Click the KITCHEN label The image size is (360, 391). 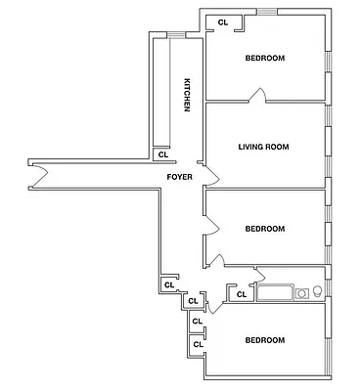click(185, 94)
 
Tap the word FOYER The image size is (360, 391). click(179, 177)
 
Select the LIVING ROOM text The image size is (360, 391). click(264, 147)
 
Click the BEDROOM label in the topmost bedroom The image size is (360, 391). click(264, 59)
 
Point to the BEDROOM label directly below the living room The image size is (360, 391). click(264, 229)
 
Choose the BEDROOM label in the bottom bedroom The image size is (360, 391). click(264, 340)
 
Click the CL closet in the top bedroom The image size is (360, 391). click(223, 22)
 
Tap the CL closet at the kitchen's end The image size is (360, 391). click(162, 153)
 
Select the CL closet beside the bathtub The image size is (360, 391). click(239, 291)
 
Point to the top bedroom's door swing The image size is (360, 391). click(257, 95)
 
